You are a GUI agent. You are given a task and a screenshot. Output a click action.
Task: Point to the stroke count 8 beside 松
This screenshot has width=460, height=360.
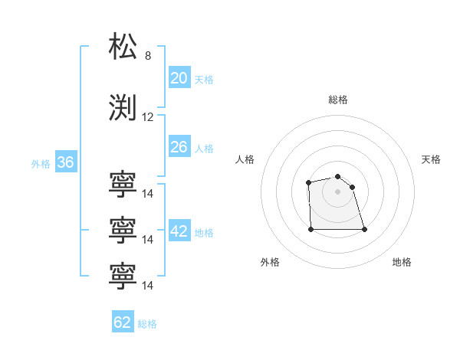(148, 57)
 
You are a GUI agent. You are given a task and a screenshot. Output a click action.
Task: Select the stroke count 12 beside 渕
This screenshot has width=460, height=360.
(148, 117)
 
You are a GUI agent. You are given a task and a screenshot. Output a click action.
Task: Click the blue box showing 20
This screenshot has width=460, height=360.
(179, 77)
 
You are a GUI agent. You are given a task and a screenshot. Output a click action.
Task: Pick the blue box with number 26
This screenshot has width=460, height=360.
(179, 147)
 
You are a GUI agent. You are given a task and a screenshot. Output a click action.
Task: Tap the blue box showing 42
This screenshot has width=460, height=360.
(179, 231)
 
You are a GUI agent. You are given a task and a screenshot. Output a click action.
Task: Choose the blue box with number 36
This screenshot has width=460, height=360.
(65, 162)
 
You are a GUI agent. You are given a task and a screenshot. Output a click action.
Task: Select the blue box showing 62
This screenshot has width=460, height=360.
(123, 322)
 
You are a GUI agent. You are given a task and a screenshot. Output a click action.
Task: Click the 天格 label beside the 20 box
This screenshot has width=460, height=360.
(204, 79)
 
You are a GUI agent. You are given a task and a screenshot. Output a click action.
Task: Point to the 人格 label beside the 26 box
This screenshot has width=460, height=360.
(204, 149)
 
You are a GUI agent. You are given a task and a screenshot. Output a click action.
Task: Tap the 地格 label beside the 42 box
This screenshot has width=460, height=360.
(204, 233)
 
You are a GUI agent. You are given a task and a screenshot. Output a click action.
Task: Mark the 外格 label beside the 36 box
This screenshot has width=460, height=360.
(41, 164)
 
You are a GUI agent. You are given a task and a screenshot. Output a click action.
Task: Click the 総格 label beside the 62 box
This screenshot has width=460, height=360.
(147, 324)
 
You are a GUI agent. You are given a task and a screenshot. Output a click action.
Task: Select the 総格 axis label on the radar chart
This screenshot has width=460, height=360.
(337, 100)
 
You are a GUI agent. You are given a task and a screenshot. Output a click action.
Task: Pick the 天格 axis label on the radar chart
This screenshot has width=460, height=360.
(431, 159)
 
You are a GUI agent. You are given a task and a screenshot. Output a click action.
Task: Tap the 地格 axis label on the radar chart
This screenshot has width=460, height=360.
(402, 262)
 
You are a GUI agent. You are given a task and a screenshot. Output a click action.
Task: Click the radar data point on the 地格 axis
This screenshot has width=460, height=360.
(363, 229)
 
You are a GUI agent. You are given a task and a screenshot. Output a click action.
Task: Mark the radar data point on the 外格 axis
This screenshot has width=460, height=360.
(310, 228)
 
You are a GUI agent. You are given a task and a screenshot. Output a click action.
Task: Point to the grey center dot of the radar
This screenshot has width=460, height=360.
(337, 191)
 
